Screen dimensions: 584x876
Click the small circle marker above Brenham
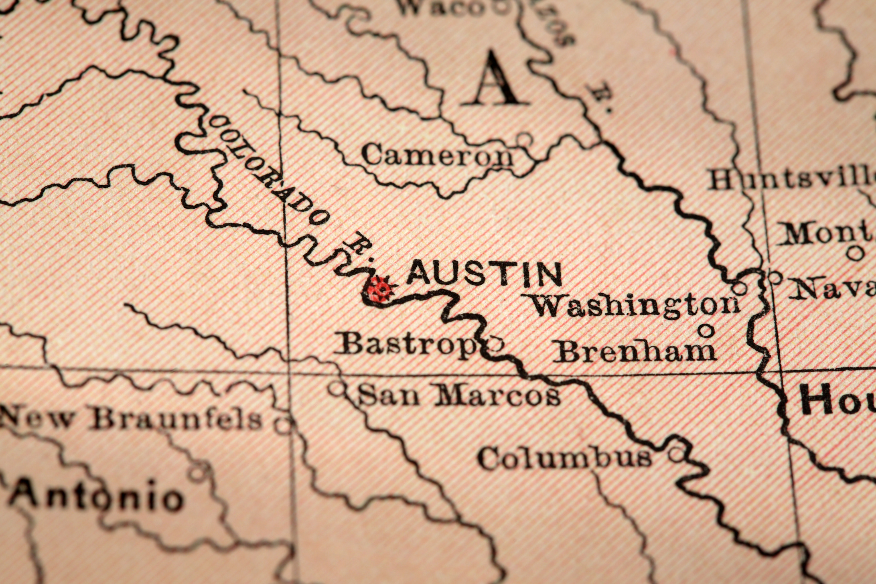(x=706, y=330)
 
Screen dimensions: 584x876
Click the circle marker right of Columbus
(x=676, y=455)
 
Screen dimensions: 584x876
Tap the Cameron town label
(x=437, y=156)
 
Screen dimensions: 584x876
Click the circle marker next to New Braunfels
(x=284, y=423)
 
